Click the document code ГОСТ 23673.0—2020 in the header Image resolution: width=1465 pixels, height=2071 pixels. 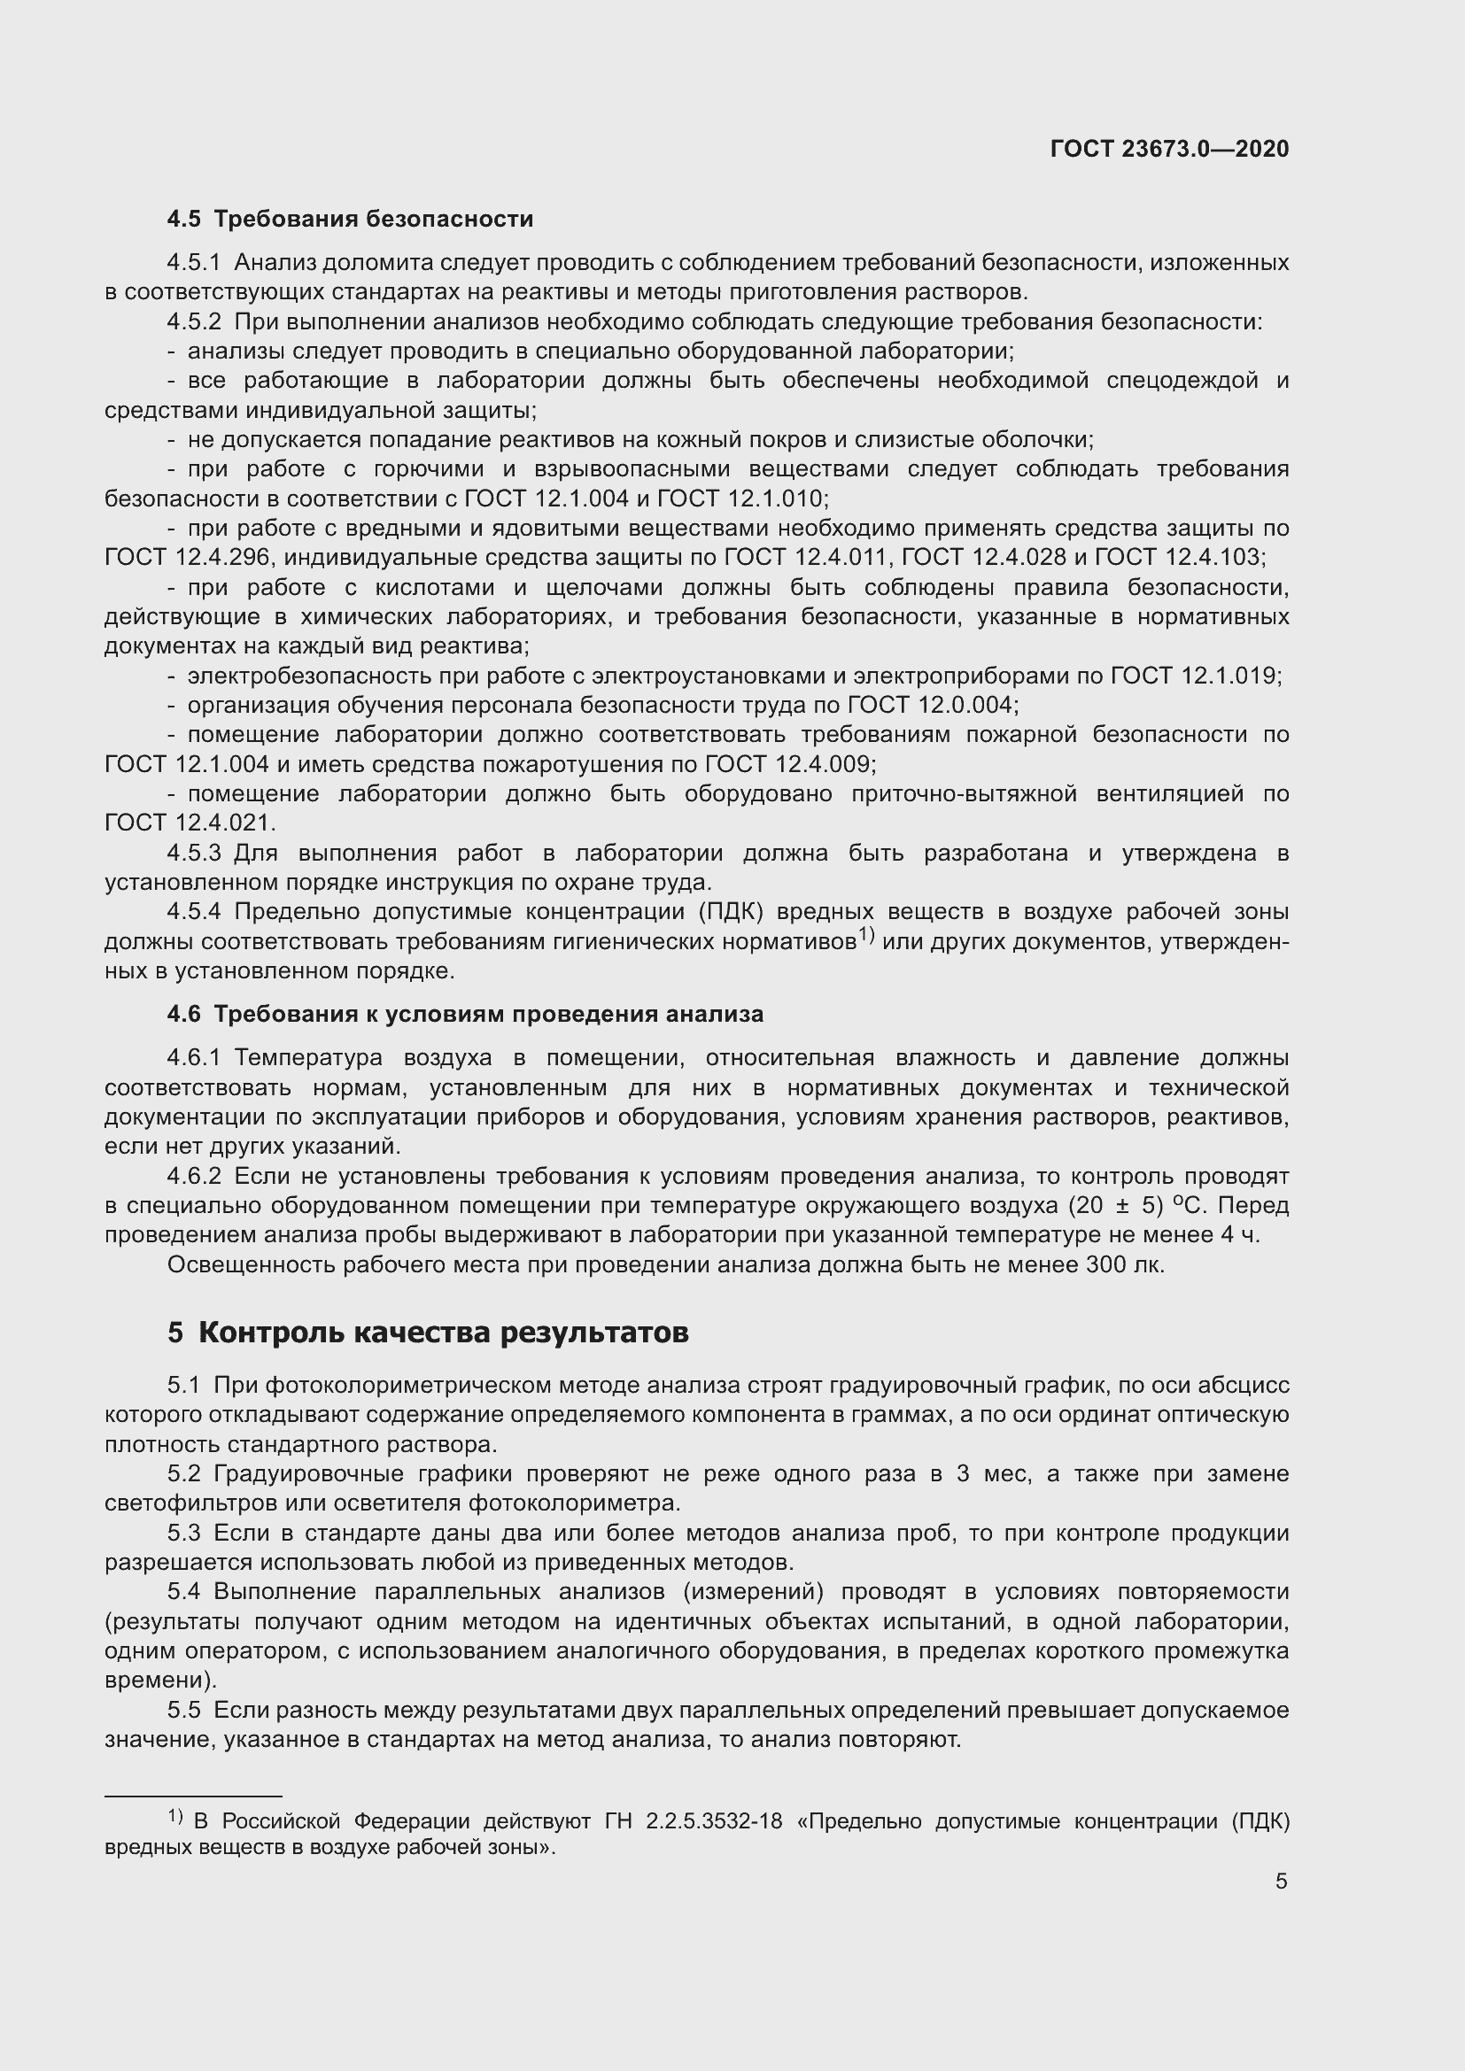1169,150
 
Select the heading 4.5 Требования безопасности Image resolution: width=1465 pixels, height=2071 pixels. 350,220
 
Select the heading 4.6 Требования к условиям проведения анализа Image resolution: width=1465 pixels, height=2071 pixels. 465,1015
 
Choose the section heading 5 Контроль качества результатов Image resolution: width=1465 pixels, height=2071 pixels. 428,1333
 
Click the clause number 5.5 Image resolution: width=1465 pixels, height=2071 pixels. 185,1711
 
